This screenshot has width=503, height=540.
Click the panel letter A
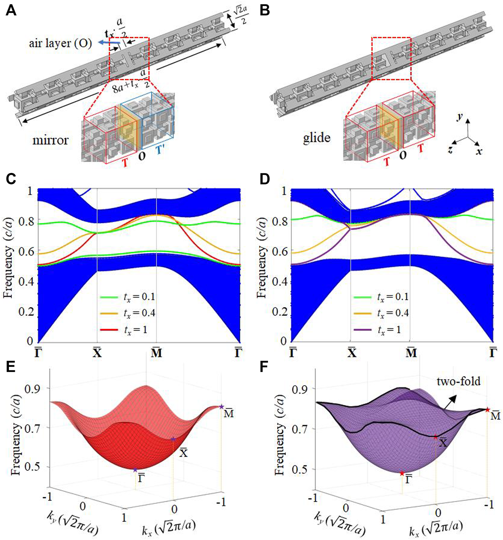coord(11,10)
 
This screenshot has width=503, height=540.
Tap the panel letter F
coord(264,367)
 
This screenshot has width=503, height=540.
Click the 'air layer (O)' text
coord(61,44)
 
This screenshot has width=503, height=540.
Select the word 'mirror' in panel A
coord(50,140)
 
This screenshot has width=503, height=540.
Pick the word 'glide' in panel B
coord(317,138)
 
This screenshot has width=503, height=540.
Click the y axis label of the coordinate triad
coord(460,117)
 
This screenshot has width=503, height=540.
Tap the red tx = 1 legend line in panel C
coord(109,330)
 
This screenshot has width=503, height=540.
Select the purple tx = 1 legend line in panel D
coord(363,330)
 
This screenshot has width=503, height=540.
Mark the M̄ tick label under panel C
coord(157,352)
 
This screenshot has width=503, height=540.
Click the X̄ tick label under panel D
coord(352,352)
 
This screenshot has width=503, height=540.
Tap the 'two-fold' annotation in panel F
coord(458,381)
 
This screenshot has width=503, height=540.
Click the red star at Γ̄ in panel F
coord(402,473)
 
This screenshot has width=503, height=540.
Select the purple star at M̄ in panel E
coord(222,407)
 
